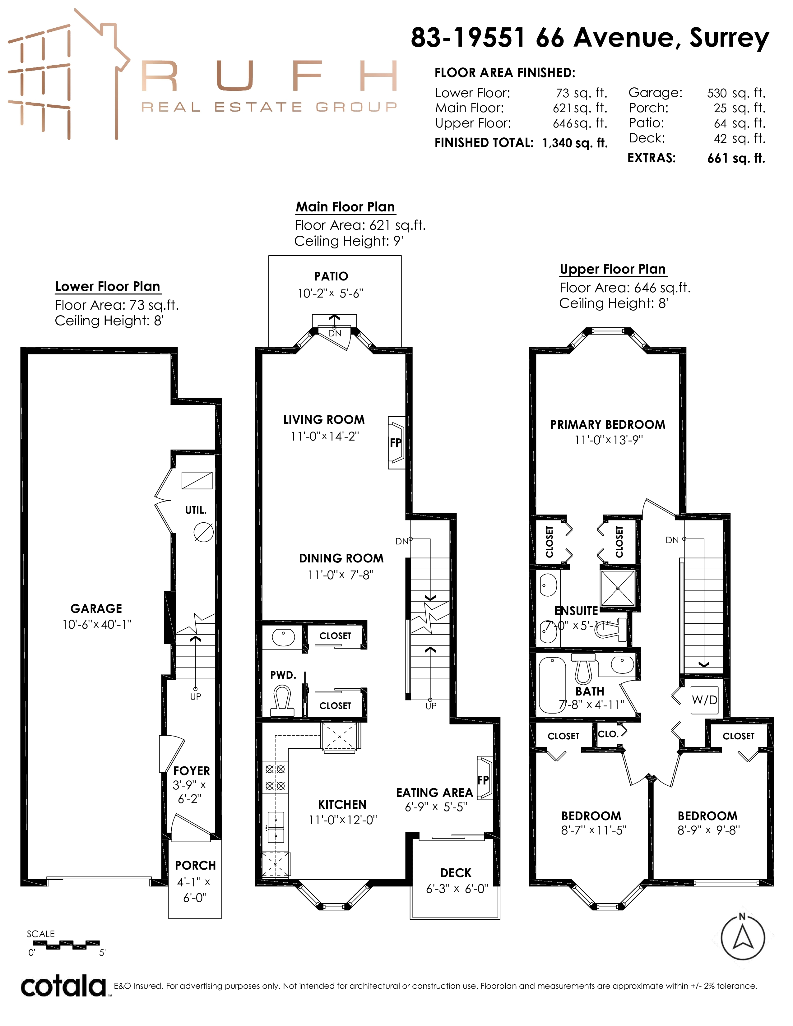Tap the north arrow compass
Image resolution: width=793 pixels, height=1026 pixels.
[743, 938]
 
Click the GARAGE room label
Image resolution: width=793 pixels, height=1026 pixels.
[96, 608]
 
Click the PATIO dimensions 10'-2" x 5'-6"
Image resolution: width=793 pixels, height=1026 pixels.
[331, 293]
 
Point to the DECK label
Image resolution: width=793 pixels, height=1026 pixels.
[456, 873]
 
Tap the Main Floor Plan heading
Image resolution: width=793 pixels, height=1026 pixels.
[345, 207]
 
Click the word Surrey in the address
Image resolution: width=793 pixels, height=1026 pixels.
[729, 38]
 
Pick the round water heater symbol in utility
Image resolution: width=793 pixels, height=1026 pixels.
[204, 532]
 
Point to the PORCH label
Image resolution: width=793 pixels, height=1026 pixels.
[195, 865]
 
